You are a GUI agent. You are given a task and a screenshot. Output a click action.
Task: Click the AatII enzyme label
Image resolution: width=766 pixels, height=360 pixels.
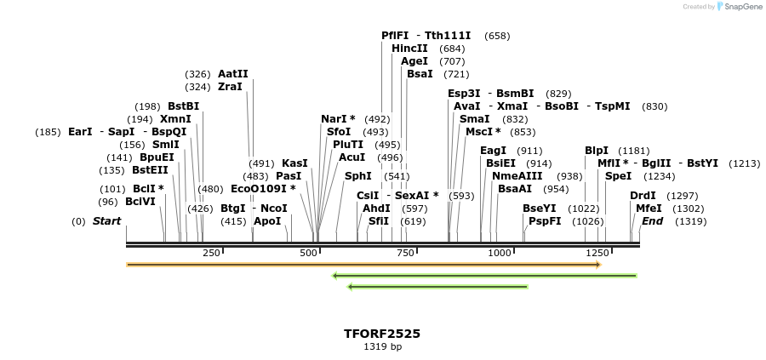233,74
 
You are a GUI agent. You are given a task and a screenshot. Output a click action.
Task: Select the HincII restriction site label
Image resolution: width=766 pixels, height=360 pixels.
409,49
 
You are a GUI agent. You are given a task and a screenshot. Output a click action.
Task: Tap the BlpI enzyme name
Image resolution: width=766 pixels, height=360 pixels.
597,151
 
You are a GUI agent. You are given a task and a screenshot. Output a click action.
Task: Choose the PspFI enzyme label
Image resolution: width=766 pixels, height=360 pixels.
545,220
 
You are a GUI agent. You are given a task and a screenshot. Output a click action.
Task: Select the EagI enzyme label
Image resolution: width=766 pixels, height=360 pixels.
494,151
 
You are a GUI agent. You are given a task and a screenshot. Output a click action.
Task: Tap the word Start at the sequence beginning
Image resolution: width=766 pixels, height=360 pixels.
106,221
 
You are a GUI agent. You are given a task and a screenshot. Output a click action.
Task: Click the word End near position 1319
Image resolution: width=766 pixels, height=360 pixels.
653,221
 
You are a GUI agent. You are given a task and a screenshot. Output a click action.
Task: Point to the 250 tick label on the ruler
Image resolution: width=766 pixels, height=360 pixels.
211,253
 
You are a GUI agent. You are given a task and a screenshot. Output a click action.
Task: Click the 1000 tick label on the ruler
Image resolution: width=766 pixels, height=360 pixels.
500,253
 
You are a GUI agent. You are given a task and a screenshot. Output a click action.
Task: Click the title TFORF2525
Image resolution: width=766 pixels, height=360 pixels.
382,334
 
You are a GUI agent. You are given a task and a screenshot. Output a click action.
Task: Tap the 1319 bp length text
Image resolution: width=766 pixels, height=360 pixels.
382,347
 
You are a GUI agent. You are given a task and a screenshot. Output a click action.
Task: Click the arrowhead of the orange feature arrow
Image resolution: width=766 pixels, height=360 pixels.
599,265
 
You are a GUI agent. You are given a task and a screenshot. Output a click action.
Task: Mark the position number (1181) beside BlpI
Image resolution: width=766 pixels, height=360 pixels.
633,151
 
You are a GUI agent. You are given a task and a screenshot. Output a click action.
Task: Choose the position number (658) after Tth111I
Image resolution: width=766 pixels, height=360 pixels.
497,36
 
